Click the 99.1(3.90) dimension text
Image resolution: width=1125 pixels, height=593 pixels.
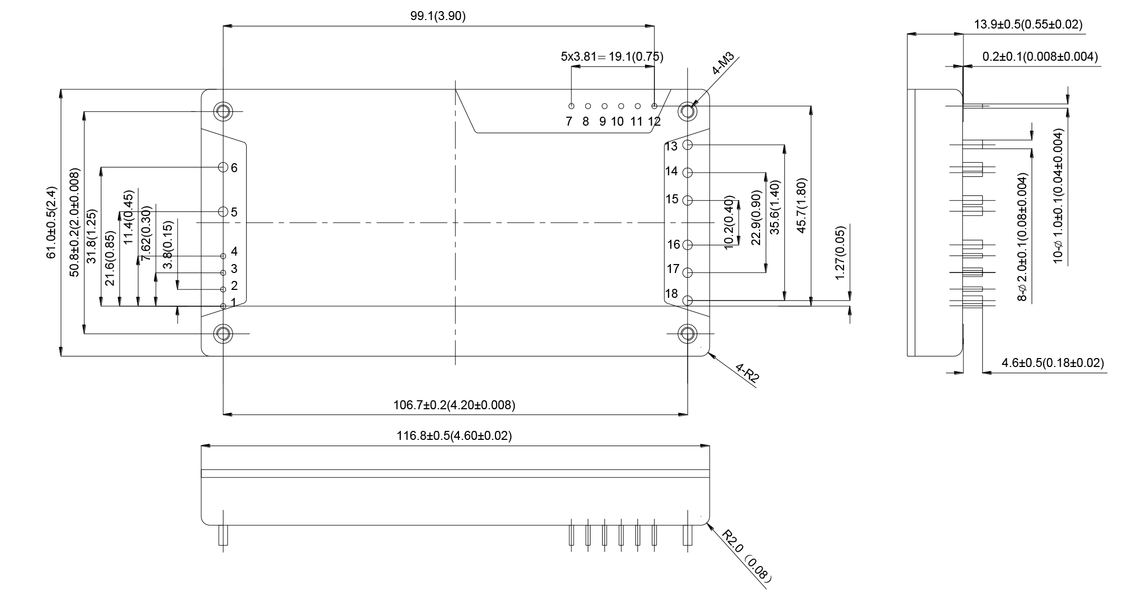(x=438, y=16)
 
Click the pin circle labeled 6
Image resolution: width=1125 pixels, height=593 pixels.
(x=223, y=167)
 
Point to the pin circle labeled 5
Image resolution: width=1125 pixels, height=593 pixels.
(x=223, y=212)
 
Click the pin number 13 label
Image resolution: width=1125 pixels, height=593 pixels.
(x=671, y=146)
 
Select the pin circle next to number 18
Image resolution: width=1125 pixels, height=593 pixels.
(x=688, y=300)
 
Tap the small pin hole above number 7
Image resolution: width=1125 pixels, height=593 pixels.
(x=571, y=106)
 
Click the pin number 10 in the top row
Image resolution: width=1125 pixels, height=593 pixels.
(x=617, y=122)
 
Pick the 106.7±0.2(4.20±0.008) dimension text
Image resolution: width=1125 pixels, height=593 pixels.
(x=454, y=405)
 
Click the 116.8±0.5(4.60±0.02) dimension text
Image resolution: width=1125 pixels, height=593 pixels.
(x=454, y=436)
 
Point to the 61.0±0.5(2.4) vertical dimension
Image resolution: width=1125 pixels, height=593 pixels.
(x=52, y=222)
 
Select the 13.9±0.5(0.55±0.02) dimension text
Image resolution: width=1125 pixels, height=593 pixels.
(x=1028, y=24)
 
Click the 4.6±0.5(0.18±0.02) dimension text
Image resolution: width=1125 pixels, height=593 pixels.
(x=1053, y=363)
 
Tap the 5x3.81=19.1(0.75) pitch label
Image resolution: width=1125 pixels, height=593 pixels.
(x=612, y=57)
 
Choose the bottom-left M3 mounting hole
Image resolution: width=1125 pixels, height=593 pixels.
(x=223, y=334)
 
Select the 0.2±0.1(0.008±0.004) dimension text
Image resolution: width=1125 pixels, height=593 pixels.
(x=1040, y=57)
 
